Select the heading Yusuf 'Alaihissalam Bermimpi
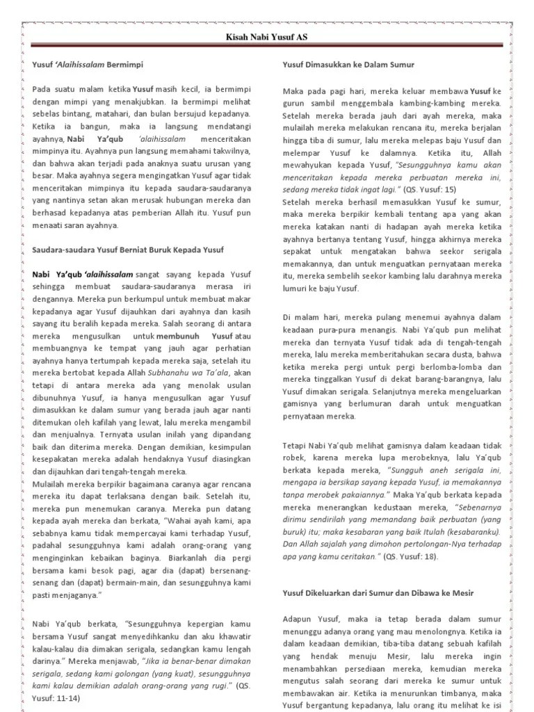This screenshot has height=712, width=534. click(88, 65)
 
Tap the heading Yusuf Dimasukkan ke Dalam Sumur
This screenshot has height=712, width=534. click(348, 65)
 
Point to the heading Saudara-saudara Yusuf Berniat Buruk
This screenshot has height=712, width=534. click(128, 249)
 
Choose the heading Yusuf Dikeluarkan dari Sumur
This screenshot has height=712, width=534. click(387, 592)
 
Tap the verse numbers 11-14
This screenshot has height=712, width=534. click(63, 698)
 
